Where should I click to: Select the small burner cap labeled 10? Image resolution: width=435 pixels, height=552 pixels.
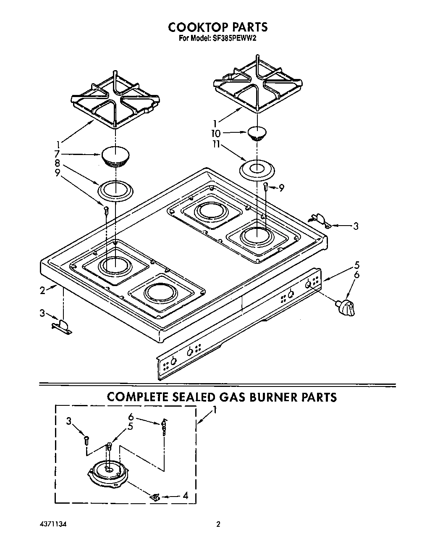(257, 133)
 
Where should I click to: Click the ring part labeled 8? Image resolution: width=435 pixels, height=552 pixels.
(115, 189)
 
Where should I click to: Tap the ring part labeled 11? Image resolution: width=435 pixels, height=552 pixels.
(257, 170)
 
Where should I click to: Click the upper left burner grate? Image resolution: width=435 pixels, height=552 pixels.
(115, 101)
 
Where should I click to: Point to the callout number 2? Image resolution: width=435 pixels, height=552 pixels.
(42, 291)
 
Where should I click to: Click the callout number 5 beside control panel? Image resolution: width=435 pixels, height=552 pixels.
(356, 265)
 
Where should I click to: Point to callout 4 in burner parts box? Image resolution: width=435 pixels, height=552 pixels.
(185, 496)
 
